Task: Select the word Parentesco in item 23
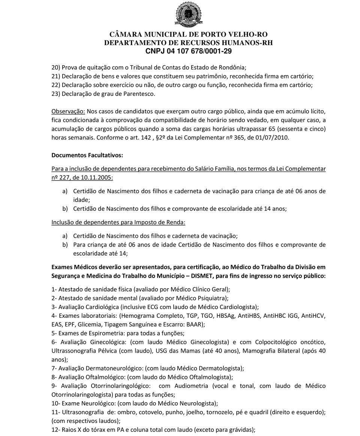click(139, 94)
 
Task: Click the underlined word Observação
click(68, 111)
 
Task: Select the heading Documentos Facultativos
click(87, 155)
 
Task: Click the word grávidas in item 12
click(242, 430)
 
